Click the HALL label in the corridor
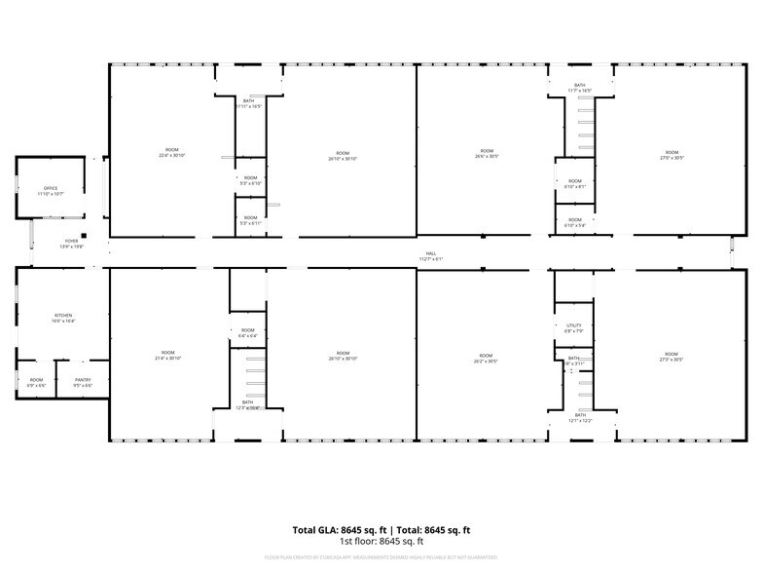click(x=430, y=255)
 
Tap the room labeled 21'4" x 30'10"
click(x=168, y=355)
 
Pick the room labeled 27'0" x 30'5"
click(x=672, y=154)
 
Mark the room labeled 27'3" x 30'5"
click(x=672, y=356)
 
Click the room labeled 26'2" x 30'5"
click(x=486, y=356)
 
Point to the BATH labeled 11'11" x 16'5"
click(x=250, y=103)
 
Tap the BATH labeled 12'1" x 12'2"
click(x=580, y=417)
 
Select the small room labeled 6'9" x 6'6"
click(x=36, y=382)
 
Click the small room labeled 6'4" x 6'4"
click(x=248, y=332)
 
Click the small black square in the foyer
click(x=85, y=235)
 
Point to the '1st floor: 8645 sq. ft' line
click(x=381, y=541)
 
